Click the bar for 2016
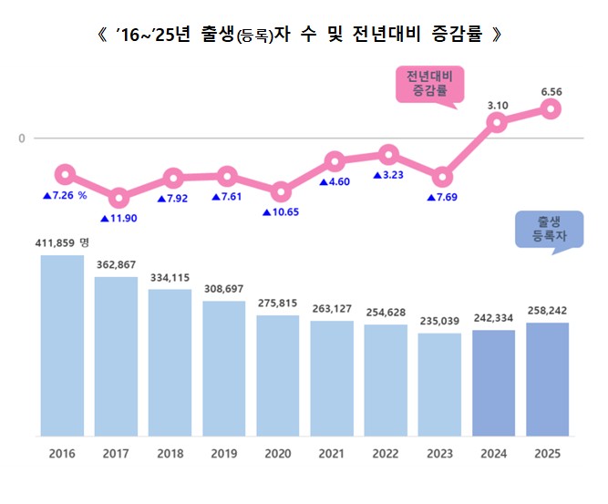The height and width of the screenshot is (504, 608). click(x=62, y=345)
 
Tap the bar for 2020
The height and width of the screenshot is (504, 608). click(x=278, y=375)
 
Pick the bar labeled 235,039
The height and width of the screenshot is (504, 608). click(x=440, y=385)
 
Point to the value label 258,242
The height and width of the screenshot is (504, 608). click(x=548, y=311)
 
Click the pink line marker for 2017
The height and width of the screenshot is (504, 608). click(x=118, y=198)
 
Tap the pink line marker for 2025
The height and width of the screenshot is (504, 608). click(x=550, y=109)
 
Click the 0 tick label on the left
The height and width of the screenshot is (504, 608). click(x=22, y=139)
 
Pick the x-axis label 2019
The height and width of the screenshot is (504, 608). click(x=224, y=453)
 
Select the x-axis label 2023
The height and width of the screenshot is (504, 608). click(x=440, y=453)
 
